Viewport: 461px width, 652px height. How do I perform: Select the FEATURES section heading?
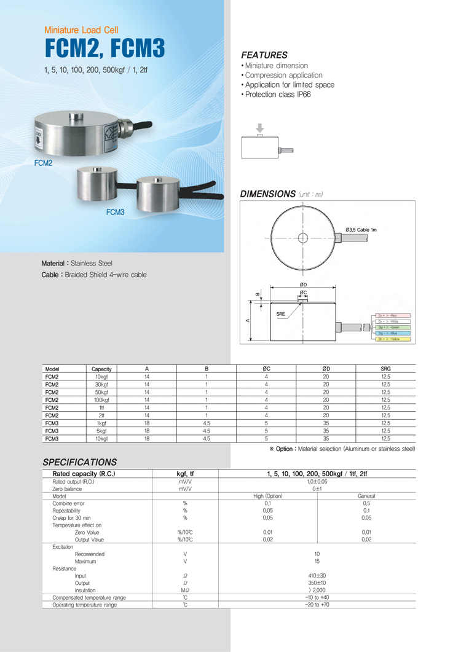pyautogui.click(x=264, y=55)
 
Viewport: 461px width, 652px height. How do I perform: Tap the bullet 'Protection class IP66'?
pyautogui.click(x=278, y=95)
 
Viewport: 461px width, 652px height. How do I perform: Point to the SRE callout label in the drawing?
pyautogui.click(x=281, y=314)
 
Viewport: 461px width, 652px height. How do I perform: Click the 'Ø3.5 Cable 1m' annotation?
pyautogui.click(x=361, y=229)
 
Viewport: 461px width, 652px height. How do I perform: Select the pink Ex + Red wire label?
pyautogui.click(x=392, y=315)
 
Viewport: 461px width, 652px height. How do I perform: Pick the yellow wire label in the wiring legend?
pyautogui.click(x=392, y=339)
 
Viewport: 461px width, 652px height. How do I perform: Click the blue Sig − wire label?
pyautogui.click(x=392, y=333)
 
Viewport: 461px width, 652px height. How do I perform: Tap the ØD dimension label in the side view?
pyautogui.click(x=303, y=284)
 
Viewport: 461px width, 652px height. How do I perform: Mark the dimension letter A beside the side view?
pyautogui.click(x=248, y=320)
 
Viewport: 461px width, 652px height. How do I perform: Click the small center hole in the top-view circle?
pyautogui.click(x=302, y=238)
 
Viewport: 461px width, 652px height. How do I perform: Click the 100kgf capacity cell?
pyautogui.click(x=101, y=400)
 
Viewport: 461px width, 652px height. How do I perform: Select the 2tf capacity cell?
pyautogui.click(x=101, y=415)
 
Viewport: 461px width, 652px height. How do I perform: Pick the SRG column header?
pyautogui.click(x=386, y=369)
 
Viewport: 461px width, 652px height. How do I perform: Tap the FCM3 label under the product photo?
pyautogui.click(x=115, y=213)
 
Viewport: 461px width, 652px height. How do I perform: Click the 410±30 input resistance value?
pyautogui.click(x=317, y=576)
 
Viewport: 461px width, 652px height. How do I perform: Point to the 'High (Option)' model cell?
pyautogui.click(x=268, y=496)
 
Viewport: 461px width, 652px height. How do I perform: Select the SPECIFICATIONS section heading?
pyautogui.click(x=79, y=462)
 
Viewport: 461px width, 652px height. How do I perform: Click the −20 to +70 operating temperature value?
pyautogui.click(x=317, y=605)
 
